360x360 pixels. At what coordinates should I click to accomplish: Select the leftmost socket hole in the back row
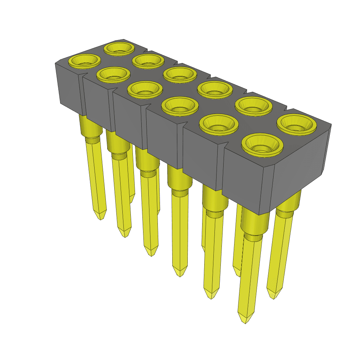point(120,48)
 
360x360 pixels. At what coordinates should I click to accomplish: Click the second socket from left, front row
point(112,74)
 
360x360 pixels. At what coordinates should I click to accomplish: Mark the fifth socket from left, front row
point(219,124)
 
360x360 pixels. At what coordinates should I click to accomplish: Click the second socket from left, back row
point(148,61)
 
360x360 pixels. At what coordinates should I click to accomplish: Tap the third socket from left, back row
point(180,74)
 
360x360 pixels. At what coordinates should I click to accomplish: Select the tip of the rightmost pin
point(274,297)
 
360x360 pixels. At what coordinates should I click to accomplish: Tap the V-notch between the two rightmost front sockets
point(222,144)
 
